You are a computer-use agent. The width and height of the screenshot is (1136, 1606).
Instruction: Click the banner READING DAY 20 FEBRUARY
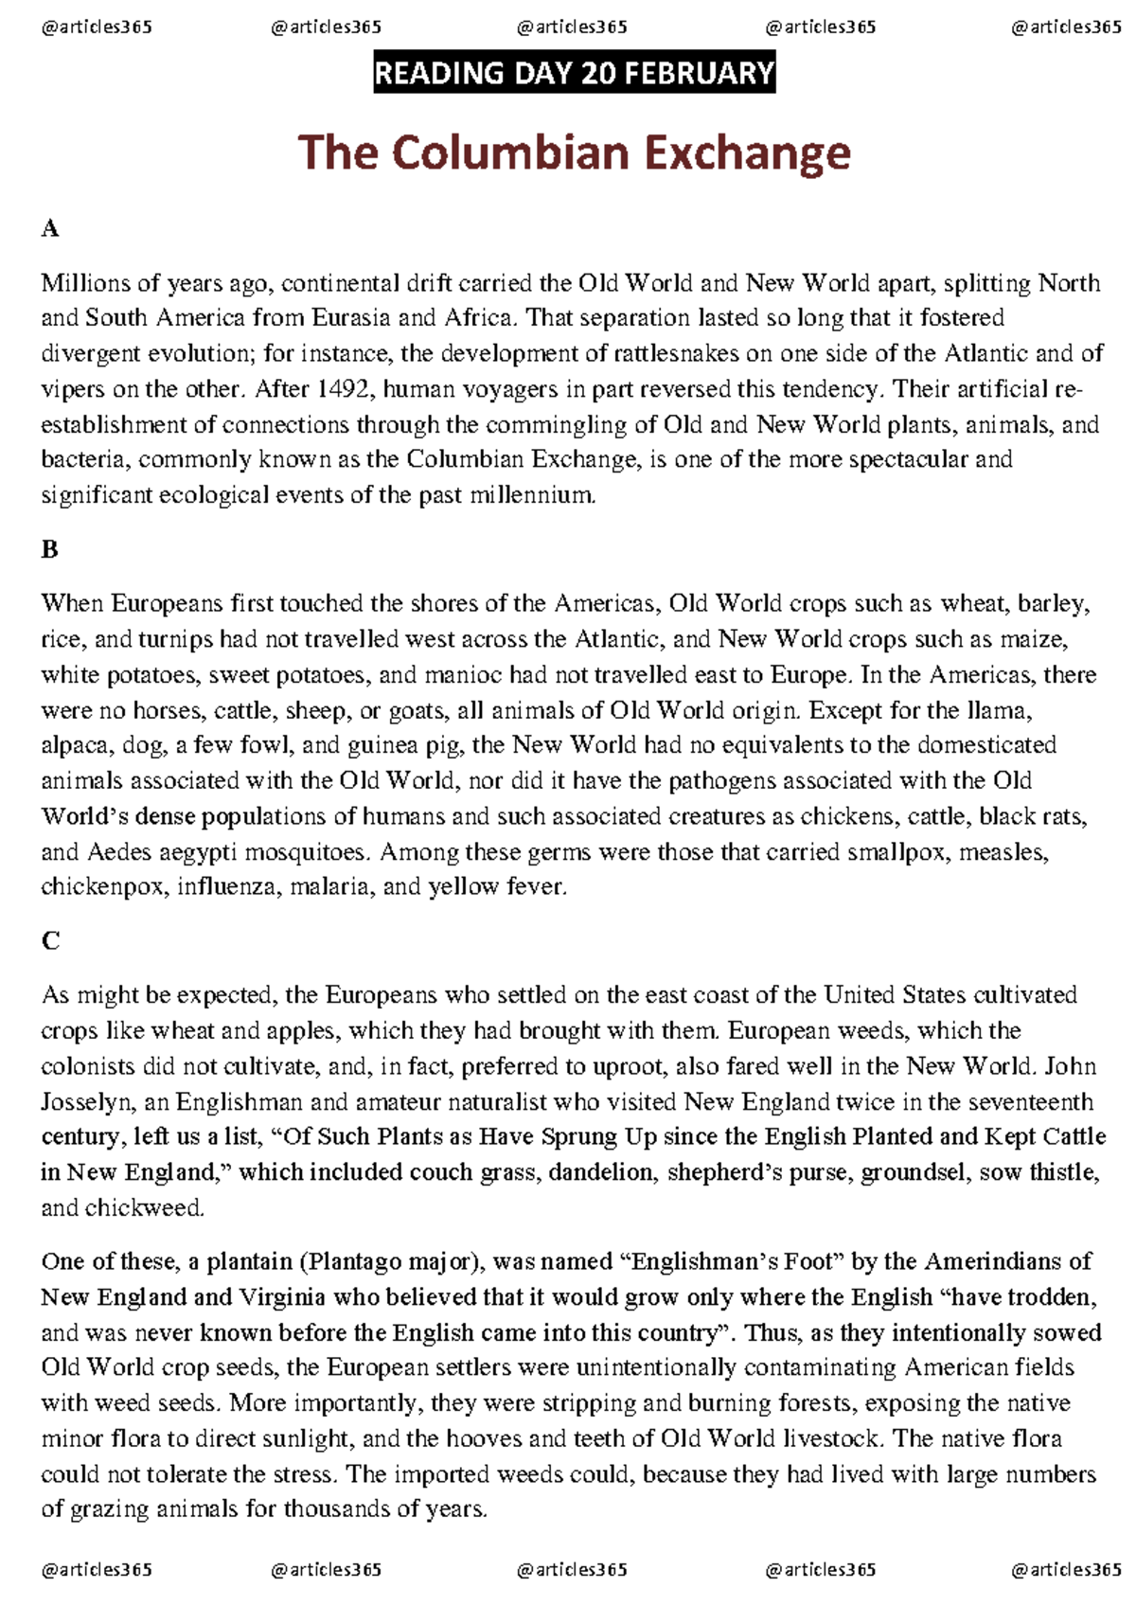click(x=575, y=73)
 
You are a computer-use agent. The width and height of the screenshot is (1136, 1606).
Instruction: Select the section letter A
click(x=50, y=228)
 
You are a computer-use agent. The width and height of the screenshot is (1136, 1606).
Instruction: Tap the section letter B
click(x=50, y=549)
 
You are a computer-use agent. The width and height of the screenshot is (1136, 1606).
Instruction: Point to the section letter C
click(x=50, y=940)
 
